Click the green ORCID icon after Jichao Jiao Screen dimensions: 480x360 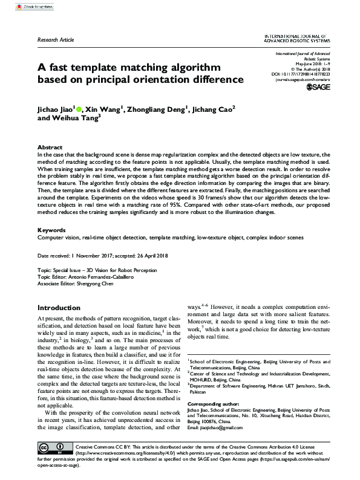tap(79, 109)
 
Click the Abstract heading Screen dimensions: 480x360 tap(50, 147)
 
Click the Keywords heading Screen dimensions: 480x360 tap(51, 230)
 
